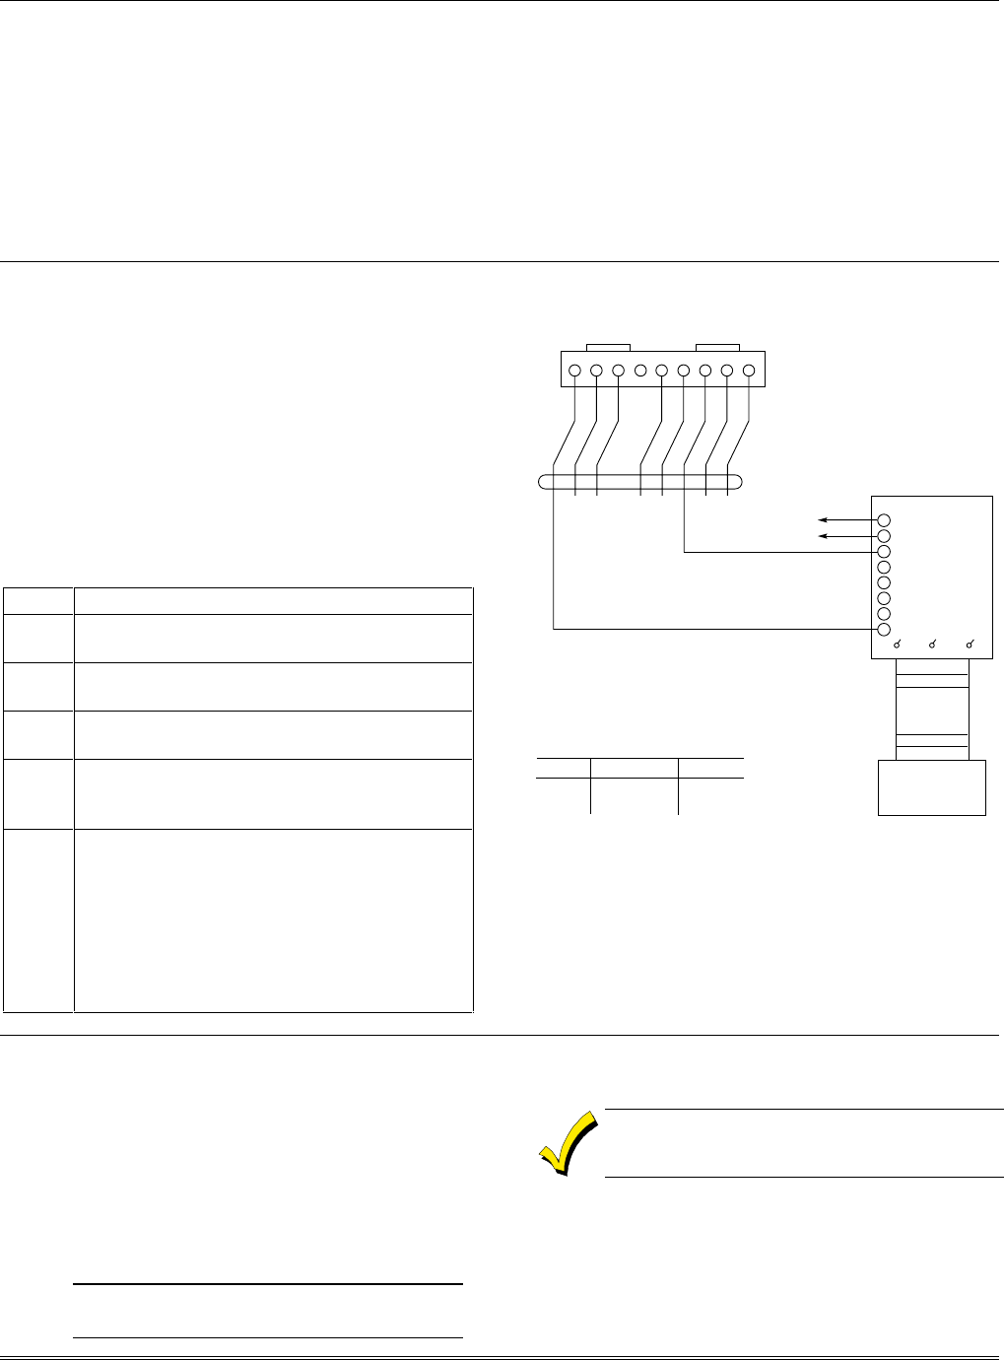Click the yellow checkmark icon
click(569, 1142)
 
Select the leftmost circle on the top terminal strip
click(574, 372)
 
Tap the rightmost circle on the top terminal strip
click(749, 372)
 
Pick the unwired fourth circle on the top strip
click(640, 372)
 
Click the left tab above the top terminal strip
click(608, 347)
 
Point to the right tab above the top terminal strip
click(717, 347)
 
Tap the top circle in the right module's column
click(884, 520)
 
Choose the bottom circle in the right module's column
click(884, 630)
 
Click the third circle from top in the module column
click(884, 552)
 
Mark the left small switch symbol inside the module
click(899, 645)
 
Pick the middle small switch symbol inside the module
click(934, 645)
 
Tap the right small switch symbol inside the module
click(971, 645)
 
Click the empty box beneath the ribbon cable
click(931, 787)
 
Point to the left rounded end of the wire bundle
click(545, 483)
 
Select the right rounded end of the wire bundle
click(736, 483)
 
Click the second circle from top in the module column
click(884, 536)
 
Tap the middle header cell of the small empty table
click(635, 768)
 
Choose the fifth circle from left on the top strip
click(662, 372)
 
